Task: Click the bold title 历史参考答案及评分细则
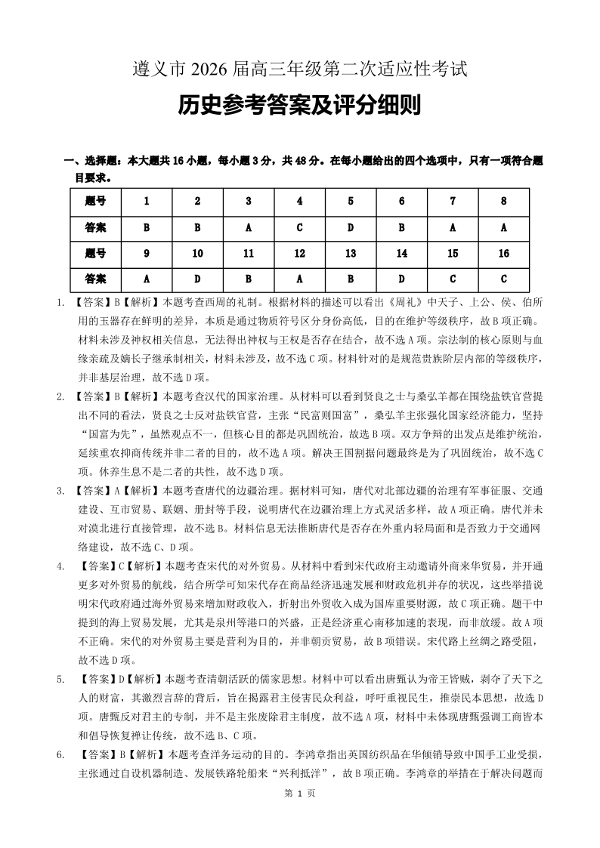click(x=299, y=106)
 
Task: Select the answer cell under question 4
click(x=299, y=227)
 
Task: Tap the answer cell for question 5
click(x=351, y=227)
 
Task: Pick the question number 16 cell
click(x=503, y=253)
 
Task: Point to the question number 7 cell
click(x=453, y=201)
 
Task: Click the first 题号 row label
click(x=95, y=201)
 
